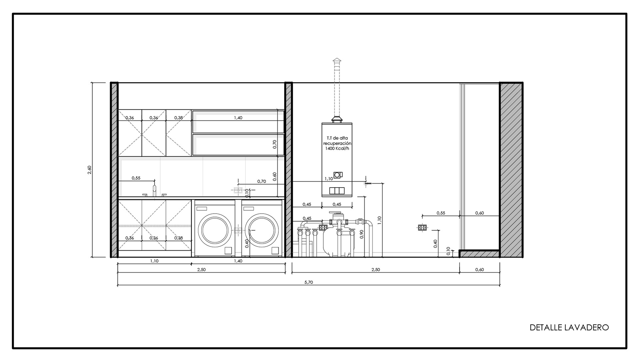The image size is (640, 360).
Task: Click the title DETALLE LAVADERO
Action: [569, 327]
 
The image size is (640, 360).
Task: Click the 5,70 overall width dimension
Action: [309, 282]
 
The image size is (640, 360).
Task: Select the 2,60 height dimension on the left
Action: [89, 170]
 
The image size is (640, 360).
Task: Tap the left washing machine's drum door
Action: [215, 230]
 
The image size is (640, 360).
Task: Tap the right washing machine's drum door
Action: [262, 230]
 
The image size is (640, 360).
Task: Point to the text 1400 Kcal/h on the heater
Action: [337, 148]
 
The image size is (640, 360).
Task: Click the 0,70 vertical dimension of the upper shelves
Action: [275, 144]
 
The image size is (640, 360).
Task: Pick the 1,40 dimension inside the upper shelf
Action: [238, 118]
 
